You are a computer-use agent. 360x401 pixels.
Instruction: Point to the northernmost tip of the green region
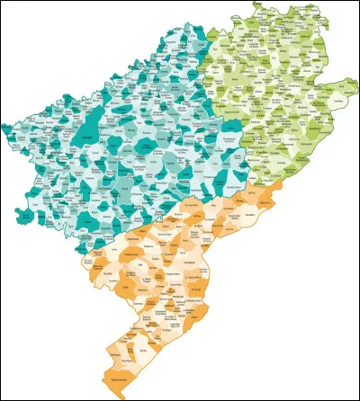tap(256, 4)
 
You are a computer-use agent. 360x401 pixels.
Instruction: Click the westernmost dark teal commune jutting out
tap(4, 122)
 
